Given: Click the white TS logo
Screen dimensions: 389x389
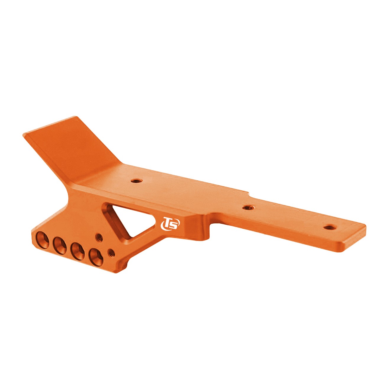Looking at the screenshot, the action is pos(170,223).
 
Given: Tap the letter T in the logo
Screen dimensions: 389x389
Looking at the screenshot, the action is pos(167,222).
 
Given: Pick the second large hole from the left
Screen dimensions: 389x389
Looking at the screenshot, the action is pos(60,246).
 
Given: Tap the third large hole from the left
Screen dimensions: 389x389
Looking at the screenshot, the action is pos(78,251).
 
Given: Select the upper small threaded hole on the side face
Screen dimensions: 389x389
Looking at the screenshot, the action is pos(99,237).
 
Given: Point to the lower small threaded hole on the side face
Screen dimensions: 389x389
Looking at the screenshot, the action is pos(112,253).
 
